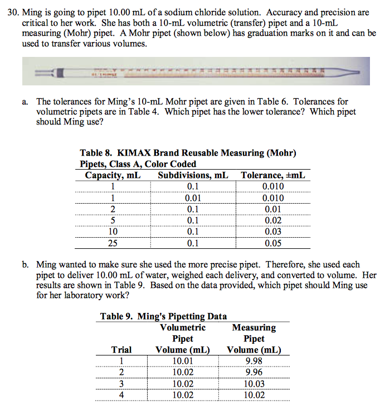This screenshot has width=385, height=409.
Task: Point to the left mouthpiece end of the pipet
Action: point(39,73)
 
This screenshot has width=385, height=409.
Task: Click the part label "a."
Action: point(41,102)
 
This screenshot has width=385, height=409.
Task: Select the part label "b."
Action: point(41,264)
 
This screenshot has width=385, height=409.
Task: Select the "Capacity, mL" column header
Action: point(113,175)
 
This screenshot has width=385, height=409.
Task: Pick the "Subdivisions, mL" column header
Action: point(193,175)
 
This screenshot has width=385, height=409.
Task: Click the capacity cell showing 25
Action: point(113,243)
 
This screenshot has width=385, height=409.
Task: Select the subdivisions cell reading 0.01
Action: point(193,198)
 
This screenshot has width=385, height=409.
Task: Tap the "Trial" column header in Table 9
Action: point(121,350)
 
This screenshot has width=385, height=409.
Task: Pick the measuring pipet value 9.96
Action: point(254,372)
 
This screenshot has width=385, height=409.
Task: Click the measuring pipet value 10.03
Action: point(254,384)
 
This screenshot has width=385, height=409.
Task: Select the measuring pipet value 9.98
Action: point(254,361)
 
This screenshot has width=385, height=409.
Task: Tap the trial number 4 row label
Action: point(121,395)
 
